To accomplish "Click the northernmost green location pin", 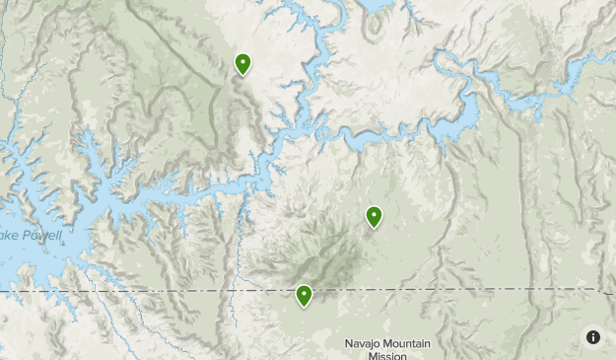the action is click(x=242, y=64).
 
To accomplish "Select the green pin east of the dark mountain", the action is click(x=374, y=216).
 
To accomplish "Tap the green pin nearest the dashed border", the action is click(x=304, y=295).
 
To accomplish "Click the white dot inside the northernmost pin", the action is click(x=242, y=62).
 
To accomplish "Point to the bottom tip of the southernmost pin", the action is click(x=304, y=308).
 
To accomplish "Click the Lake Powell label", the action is click(x=30, y=236).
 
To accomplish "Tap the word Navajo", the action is click(x=362, y=343).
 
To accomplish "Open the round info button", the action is click(x=593, y=337).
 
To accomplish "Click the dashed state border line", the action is click(x=148, y=292).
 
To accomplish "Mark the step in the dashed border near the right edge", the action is click(x=599, y=290).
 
